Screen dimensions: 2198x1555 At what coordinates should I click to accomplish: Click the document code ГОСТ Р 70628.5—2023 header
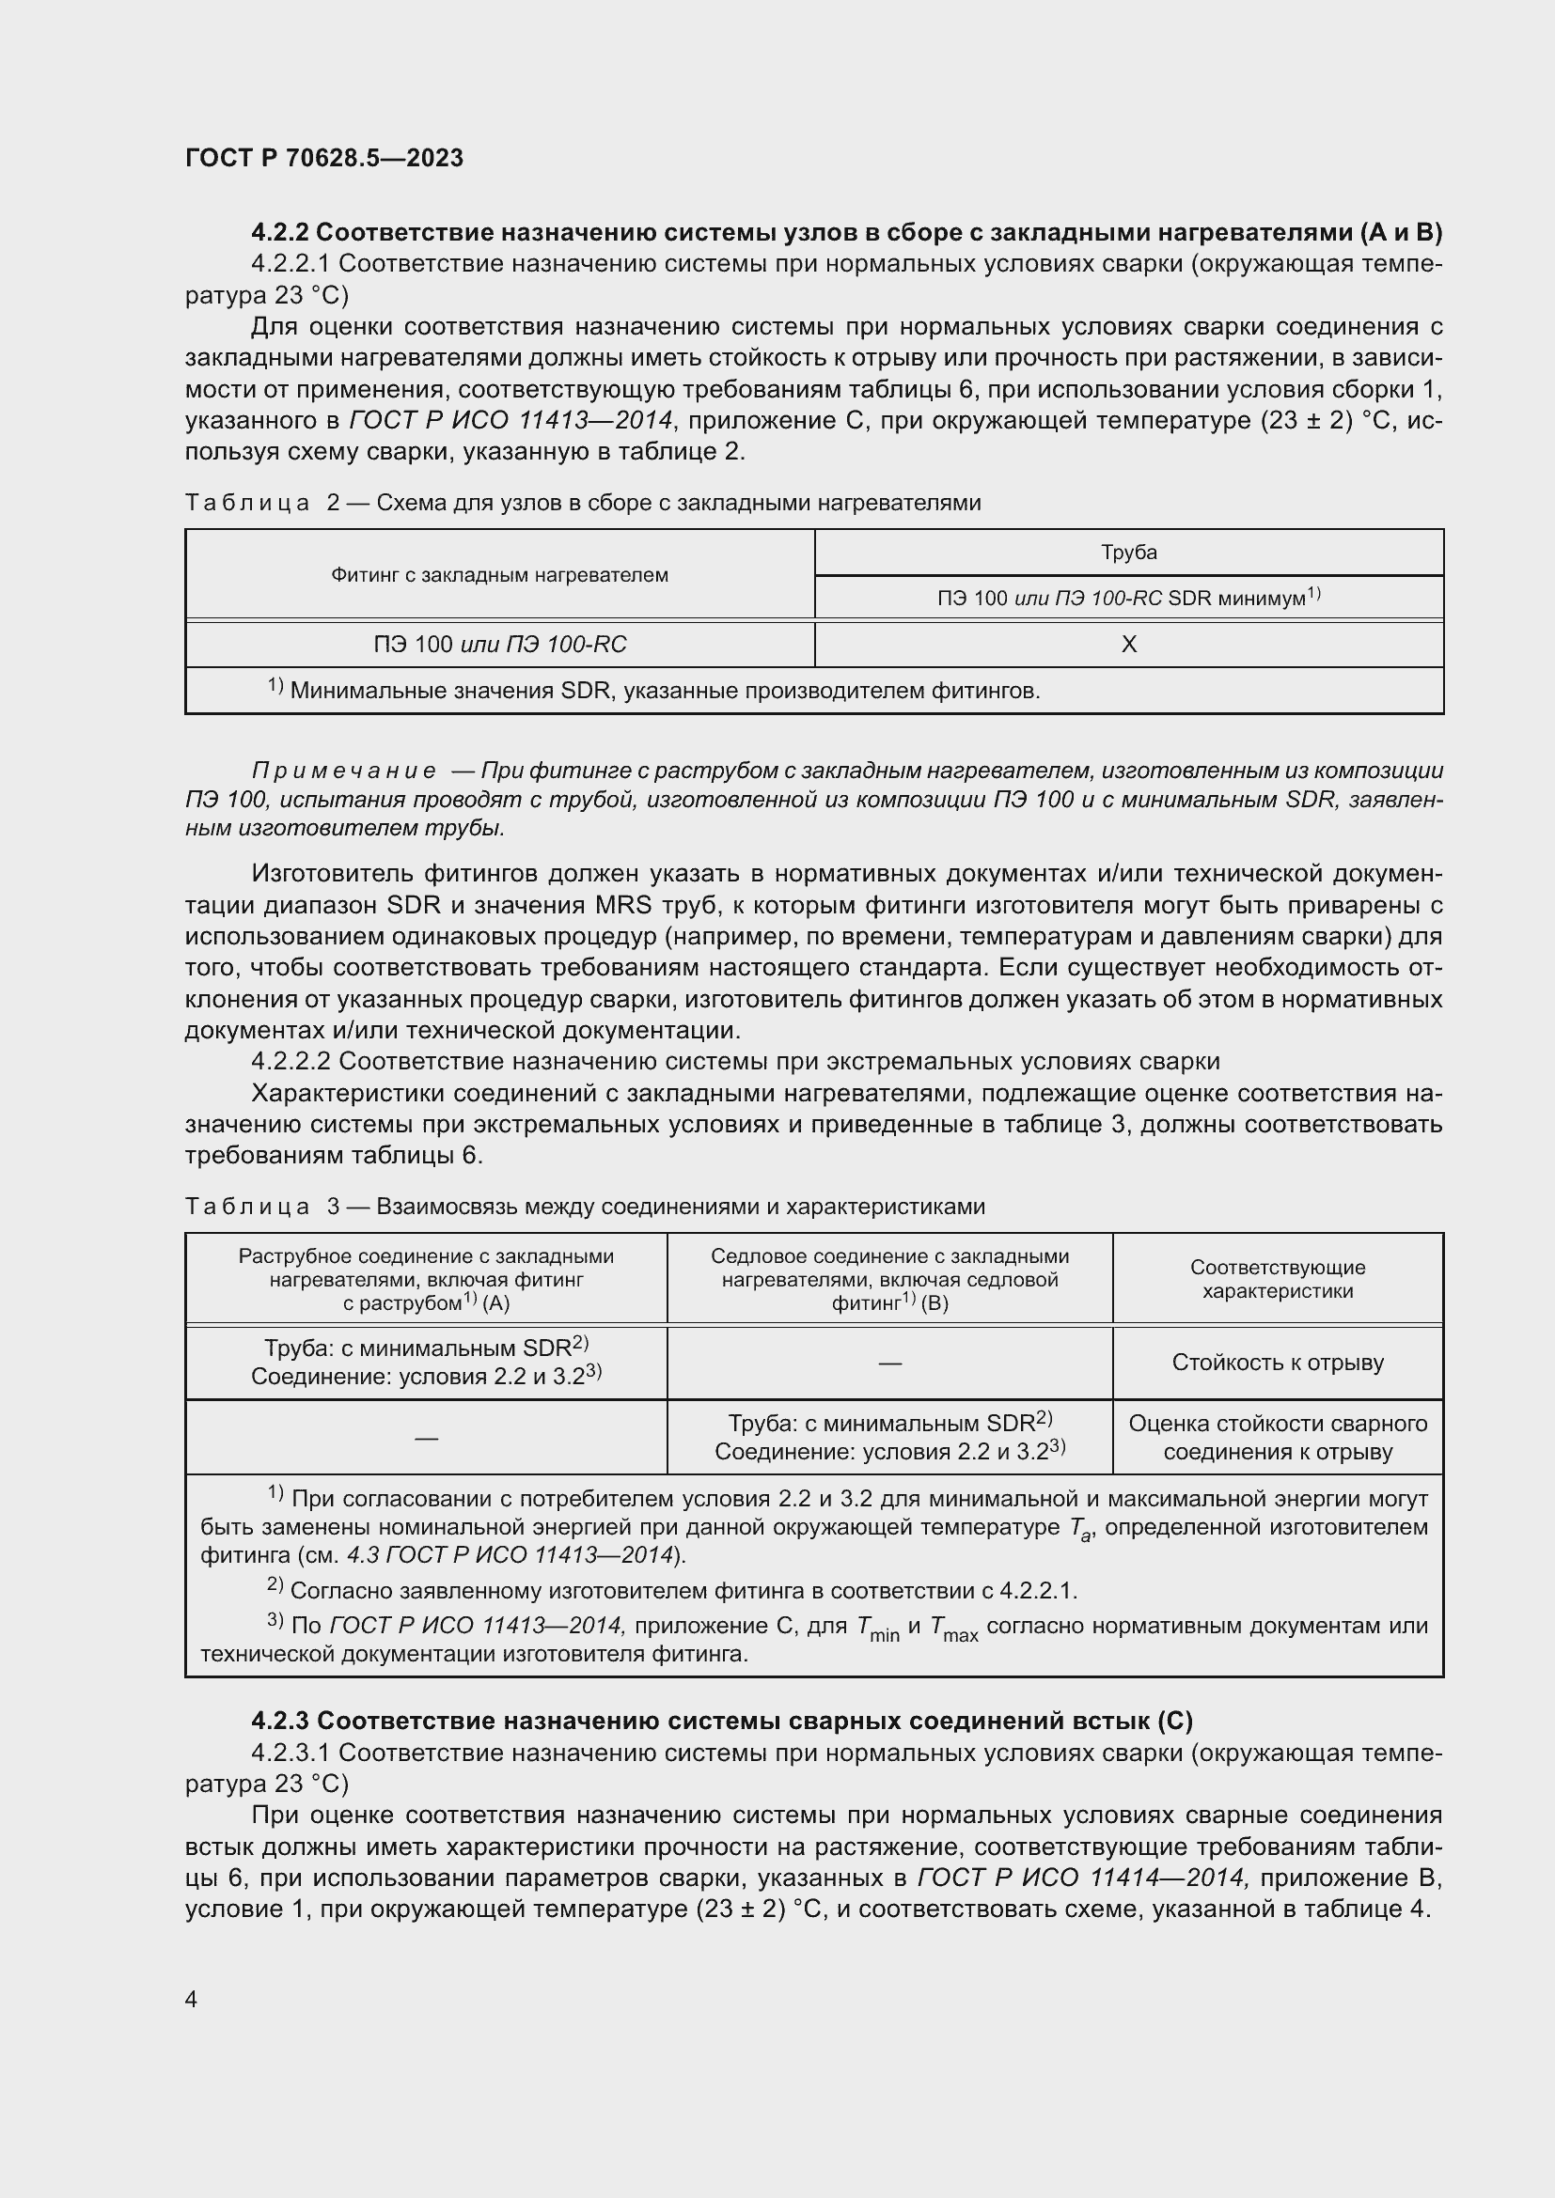pyautogui.click(x=323, y=158)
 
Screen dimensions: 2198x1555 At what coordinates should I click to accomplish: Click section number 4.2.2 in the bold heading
pyautogui.click(x=279, y=233)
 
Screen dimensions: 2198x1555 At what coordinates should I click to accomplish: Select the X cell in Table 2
pyautogui.click(x=1128, y=645)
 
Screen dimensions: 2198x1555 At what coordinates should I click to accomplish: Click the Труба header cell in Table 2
pyautogui.click(x=1128, y=553)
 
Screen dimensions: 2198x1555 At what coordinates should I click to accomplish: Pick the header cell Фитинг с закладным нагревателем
pyautogui.click(x=499, y=575)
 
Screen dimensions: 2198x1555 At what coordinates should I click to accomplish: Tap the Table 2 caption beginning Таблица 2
pyautogui.click(x=582, y=503)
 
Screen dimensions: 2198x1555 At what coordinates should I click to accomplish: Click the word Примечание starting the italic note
pyautogui.click(x=344, y=771)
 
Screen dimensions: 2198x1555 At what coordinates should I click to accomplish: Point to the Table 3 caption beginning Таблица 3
pyautogui.click(x=584, y=1207)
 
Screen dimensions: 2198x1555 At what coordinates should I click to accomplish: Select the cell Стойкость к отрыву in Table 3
pyautogui.click(x=1278, y=1363)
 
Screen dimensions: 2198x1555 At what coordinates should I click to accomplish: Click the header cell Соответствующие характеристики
pyautogui.click(x=1278, y=1279)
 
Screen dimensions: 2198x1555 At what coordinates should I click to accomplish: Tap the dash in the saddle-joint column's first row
pyautogui.click(x=889, y=1363)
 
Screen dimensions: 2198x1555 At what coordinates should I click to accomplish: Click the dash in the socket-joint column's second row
pyautogui.click(x=426, y=1437)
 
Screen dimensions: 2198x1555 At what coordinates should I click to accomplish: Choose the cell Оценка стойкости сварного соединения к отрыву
pyautogui.click(x=1278, y=1437)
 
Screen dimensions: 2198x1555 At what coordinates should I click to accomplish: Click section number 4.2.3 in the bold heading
pyautogui.click(x=279, y=1722)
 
